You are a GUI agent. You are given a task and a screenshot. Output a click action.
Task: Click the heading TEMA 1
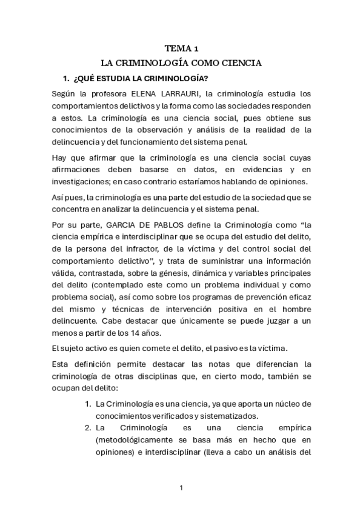click(x=181, y=48)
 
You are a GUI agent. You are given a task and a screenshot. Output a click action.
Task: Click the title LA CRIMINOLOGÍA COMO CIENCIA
click(x=181, y=62)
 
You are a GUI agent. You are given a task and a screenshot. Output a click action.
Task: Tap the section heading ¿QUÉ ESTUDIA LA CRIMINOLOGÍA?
click(x=141, y=79)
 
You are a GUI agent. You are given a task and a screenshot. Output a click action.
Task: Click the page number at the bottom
click(x=181, y=487)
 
